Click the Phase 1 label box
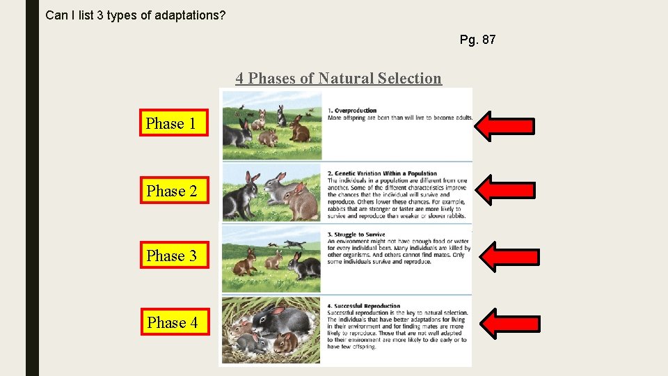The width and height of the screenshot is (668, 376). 174,123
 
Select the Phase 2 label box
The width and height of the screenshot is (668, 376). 174,191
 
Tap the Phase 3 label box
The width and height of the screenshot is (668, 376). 174,256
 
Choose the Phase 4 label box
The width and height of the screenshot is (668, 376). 174,322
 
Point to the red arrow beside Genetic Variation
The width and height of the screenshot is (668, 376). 508,190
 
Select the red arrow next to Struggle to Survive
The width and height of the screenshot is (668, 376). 510,256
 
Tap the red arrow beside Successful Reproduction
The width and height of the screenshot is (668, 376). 510,323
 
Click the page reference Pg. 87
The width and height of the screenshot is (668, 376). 477,40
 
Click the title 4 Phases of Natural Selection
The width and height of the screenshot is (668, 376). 338,78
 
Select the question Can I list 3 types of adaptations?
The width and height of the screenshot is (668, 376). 135,15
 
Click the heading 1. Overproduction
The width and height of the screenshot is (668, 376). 352,110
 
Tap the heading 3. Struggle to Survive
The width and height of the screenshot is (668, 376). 356,235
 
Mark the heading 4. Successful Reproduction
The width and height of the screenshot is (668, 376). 364,306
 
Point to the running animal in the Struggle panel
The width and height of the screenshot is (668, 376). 294,243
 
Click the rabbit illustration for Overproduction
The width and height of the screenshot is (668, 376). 271,125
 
